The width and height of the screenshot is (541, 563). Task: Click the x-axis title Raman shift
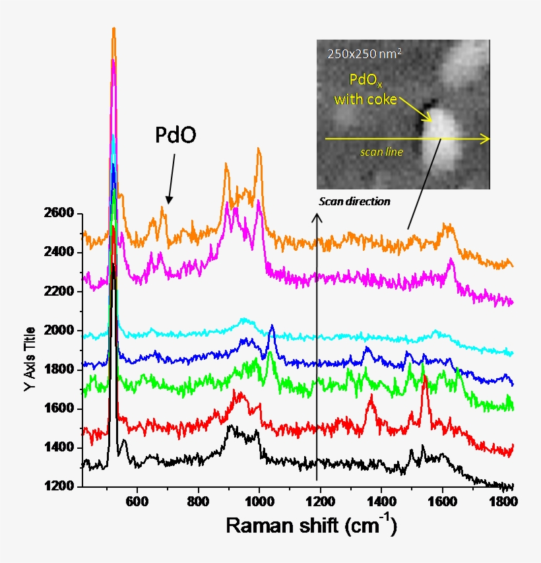point(311,525)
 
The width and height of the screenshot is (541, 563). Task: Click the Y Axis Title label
point(29,349)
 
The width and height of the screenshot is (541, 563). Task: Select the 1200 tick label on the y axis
point(63,487)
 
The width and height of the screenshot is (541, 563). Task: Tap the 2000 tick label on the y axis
point(63,331)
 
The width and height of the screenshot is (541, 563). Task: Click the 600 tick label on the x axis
point(137,501)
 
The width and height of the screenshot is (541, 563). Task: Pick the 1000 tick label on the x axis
point(259,501)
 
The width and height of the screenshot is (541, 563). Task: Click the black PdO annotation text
point(175,135)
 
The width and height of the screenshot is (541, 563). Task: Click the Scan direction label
point(354,201)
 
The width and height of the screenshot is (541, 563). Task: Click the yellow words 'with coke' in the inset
point(366,100)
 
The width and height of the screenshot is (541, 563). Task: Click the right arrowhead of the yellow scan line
point(486,139)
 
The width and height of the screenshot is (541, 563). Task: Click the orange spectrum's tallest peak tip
point(113,29)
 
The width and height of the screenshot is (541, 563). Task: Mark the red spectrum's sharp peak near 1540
point(425,377)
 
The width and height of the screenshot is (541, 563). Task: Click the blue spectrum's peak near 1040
point(272,325)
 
